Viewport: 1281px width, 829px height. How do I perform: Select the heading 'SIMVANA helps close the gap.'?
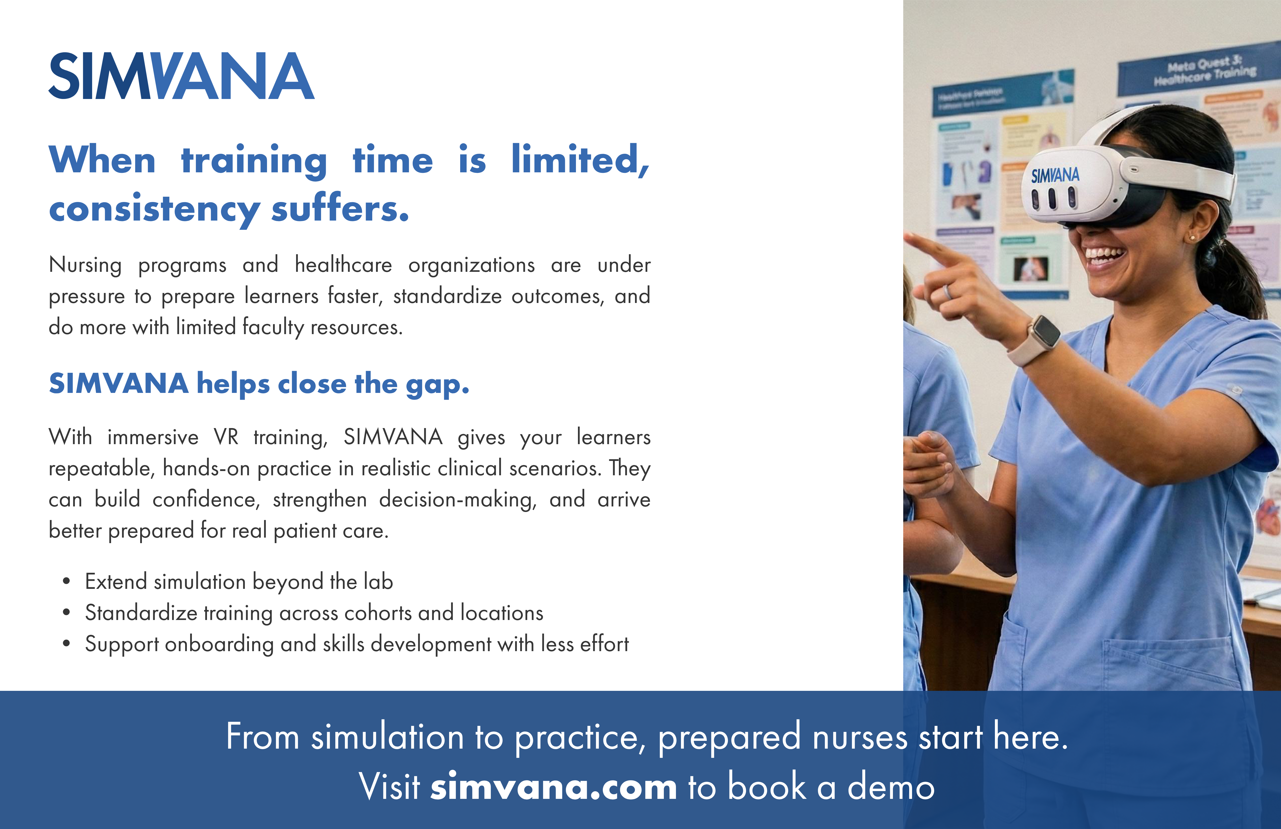coord(259,384)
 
